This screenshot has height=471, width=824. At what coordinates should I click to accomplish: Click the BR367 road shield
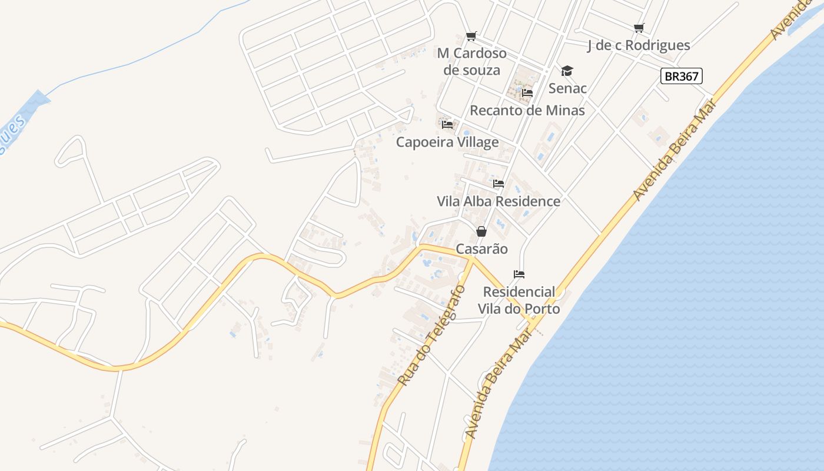point(682,76)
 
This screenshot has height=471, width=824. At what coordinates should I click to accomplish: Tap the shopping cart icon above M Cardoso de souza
point(471,37)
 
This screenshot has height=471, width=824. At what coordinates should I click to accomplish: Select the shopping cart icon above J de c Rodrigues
point(639,28)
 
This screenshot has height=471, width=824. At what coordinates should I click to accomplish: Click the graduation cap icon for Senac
point(567,71)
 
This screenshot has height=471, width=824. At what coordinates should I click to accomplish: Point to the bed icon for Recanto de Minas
point(527,93)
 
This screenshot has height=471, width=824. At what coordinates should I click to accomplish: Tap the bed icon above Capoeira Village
point(447,125)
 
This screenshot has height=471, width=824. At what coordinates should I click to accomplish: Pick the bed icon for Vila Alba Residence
point(499,184)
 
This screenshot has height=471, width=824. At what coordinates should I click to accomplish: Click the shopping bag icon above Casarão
point(481,231)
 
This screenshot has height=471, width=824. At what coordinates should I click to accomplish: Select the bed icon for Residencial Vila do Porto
point(519,274)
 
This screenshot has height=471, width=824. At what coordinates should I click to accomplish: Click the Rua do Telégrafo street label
point(431,336)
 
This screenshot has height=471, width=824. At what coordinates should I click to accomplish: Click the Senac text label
point(567,88)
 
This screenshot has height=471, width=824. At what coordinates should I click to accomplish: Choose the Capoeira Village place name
point(447,142)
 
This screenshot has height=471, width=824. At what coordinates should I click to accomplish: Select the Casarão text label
point(481,249)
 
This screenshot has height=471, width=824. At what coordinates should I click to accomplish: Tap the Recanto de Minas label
point(527,110)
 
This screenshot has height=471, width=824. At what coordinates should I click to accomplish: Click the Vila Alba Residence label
point(499,201)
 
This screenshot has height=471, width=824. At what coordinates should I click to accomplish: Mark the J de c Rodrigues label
point(639,45)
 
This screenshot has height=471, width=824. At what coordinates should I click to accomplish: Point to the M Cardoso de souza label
point(471,62)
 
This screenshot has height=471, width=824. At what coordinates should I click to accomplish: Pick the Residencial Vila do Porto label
point(519,300)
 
